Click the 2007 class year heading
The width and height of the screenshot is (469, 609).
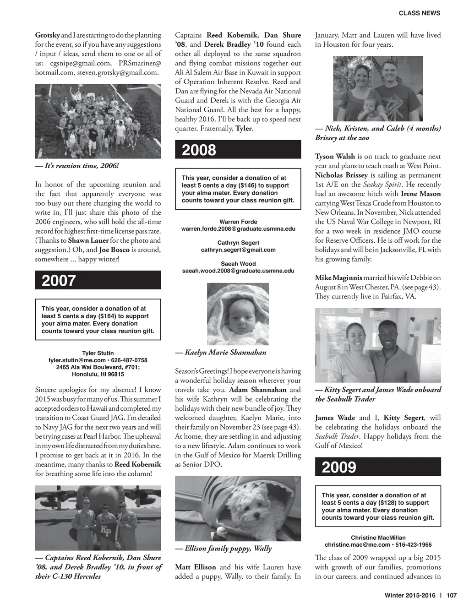pyautogui.click(x=59, y=280)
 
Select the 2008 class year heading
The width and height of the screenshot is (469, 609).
pyautogui.click(x=199, y=150)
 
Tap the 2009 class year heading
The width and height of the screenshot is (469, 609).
pyautogui.click(x=339, y=467)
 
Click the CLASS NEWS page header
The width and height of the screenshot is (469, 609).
pyautogui.click(x=420, y=13)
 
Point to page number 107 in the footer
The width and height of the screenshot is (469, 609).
pyautogui.click(x=452, y=596)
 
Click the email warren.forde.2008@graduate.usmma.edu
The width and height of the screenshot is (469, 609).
pyautogui.click(x=238, y=229)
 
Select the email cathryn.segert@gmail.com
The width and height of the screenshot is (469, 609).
pyautogui.click(x=238, y=250)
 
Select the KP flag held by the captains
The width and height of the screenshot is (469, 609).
pyautogui.click(x=106, y=531)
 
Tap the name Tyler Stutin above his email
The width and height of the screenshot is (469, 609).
pyautogui.click(x=98, y=353)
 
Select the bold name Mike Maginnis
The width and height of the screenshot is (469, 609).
pyautogui.click(x=338, y=278)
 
